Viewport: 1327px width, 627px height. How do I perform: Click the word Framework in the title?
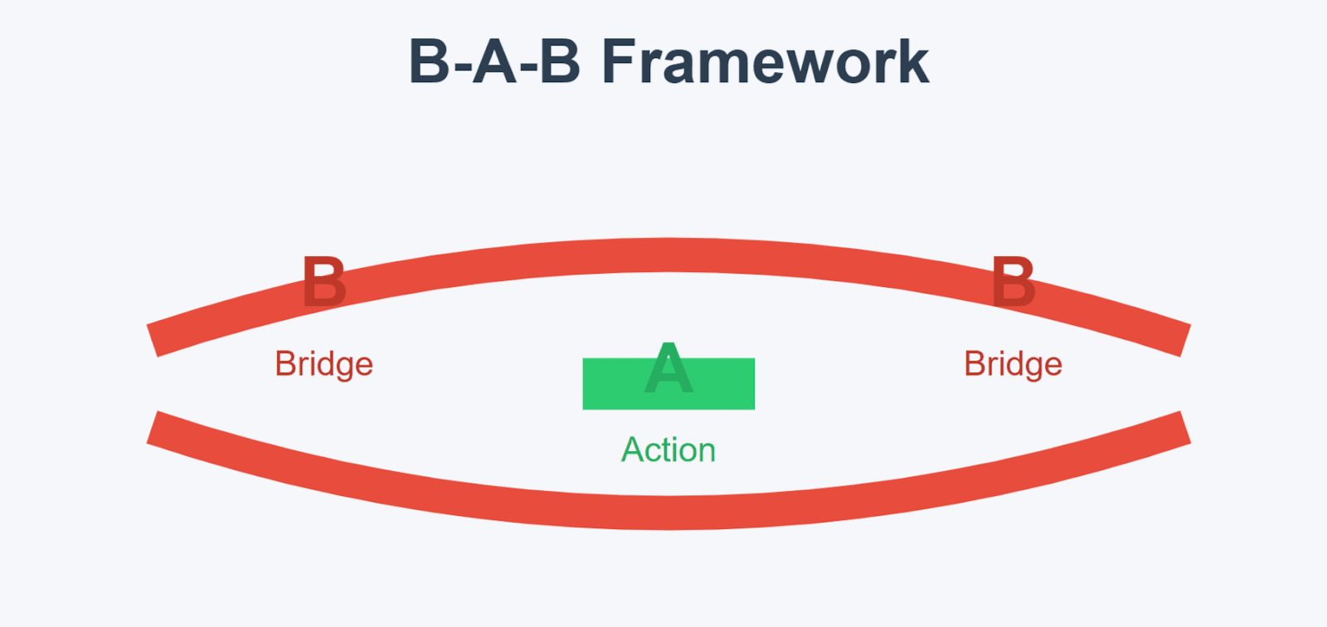pyautogui.click(x=766, y=61)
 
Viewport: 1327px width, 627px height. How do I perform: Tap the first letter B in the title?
pyautogui.click(x=430, y=61)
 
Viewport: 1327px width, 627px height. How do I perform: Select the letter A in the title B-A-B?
pyautogui.click(x=495, y=61)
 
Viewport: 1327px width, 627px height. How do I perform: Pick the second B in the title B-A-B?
pyautogui.click(x=560, y=61)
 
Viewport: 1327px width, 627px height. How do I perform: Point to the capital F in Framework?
pyautogui.click(x=619, y=61)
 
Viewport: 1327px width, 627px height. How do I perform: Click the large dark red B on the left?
pyautogui.click(x=323, y=281)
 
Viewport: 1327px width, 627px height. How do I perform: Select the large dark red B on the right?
pyautogui.click(x=1013, y=281)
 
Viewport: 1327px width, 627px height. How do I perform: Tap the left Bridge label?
pyautogui.click(x=324, y=363)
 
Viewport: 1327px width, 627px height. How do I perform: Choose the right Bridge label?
pyautogui.click(x=1013, y=363)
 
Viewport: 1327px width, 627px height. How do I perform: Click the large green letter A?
pyautogui.click(x=668, y=367)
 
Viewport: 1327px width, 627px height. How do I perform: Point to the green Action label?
pyautogui.click(x=668, y=450)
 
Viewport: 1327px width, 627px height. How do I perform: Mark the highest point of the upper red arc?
pyautogui.click(x=668, y=255)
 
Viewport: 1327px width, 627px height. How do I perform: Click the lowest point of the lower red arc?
pyautogui.click(x=668, y=513)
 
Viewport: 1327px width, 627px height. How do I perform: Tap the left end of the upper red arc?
pyautogui.click(x=153, y=341)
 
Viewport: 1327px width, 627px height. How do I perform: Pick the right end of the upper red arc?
pyautogui.click(x=1185, y=341)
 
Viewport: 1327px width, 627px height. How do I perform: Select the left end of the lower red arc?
pyautogui.click(x=153, y=426)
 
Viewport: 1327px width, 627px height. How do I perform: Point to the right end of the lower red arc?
pyautogui.click(x=1185, y=426)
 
